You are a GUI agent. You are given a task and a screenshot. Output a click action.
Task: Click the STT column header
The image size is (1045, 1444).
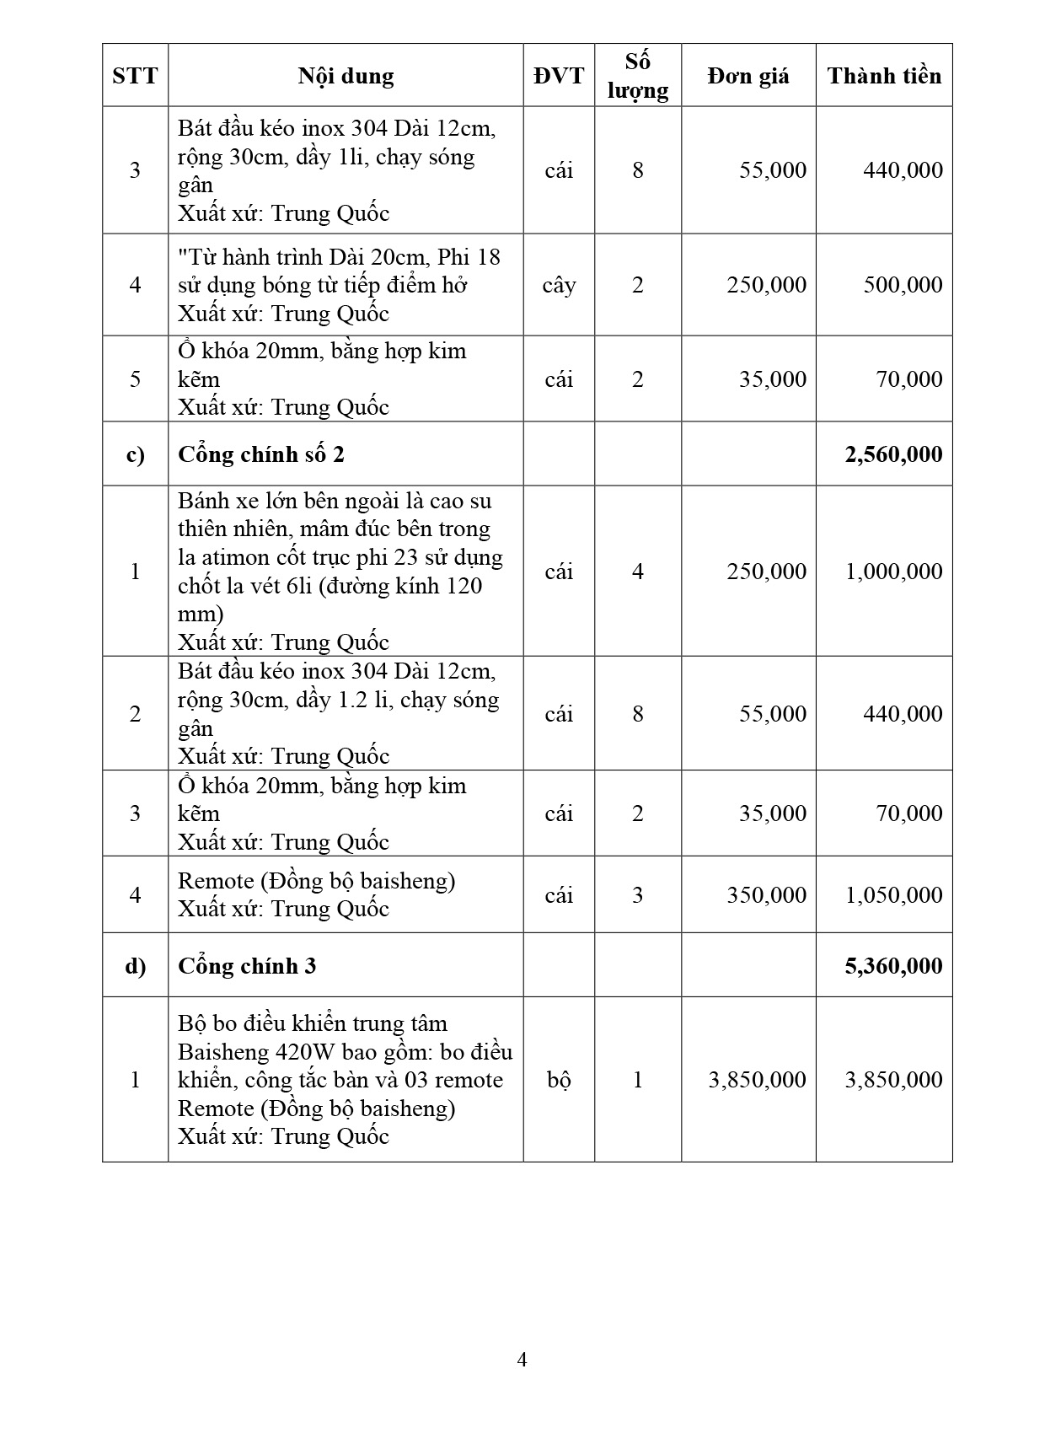coord(135,76)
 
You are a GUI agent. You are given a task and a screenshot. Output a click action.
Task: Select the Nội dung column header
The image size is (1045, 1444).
coord(346,76)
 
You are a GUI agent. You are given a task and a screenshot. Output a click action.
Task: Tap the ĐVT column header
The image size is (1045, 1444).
coord(558,76)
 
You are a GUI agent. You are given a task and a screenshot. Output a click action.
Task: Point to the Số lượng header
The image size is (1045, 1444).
coord(637,76)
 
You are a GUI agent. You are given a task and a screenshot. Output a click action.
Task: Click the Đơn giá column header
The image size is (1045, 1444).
coord(748,76)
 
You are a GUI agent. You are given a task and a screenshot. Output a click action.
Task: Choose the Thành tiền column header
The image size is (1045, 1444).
coord(884,76)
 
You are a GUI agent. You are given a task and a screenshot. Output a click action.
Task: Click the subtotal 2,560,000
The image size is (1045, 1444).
coord(893,454)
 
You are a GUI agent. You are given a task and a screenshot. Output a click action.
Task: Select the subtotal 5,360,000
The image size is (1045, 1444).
coord(893,966)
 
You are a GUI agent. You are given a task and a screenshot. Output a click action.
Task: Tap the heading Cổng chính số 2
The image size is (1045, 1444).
coord(261,454)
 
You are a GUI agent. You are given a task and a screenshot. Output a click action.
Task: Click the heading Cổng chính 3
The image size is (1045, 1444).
coord(247,966)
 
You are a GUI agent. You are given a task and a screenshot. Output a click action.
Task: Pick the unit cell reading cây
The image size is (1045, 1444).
coord(559,285)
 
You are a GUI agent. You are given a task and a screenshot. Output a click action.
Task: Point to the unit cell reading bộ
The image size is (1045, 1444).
coord(559,1080)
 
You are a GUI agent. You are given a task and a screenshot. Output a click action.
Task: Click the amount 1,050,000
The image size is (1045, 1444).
coord(893,895)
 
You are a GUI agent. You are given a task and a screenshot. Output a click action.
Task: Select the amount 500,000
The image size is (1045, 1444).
coord(903,285)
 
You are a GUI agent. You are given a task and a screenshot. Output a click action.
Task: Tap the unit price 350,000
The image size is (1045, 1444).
coord(766,895)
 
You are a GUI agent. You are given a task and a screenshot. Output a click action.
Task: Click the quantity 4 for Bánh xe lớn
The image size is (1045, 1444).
coord(637,572)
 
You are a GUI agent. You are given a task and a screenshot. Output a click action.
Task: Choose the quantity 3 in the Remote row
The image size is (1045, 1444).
coord(637,895)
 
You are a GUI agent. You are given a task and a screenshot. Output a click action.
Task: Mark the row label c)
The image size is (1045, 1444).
coord(135,454)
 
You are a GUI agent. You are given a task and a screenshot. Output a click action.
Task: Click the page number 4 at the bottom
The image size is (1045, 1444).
coord(522,1360)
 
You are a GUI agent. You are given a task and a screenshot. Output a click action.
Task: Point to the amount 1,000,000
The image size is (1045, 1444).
coord(893,572)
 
